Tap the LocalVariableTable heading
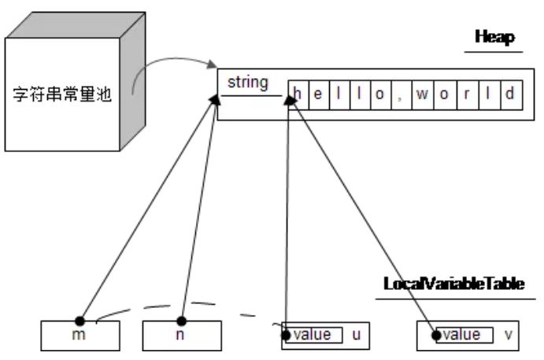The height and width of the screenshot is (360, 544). pyautogui.click(x=453, y=284)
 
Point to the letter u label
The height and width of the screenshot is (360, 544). pyautogui.click(x=356, y=335)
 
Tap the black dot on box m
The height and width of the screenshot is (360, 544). pyautogui.click(x=80, y=321)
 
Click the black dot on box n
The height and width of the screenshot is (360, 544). pyautogui.click(x=182, y=321)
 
